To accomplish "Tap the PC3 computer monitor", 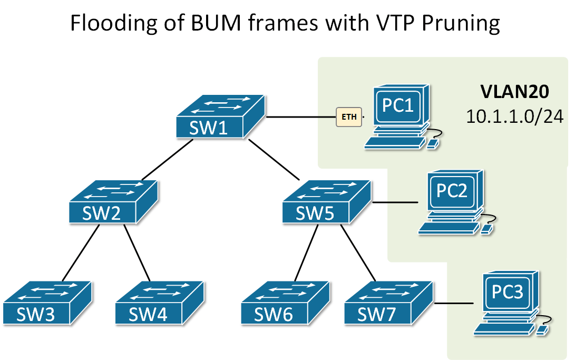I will (508, 293).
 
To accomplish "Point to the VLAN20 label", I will (515, 92).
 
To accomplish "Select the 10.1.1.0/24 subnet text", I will (515, 116).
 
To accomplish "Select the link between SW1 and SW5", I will (274, 161).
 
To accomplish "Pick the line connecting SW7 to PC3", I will (453, 304).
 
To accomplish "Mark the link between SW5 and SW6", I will (306, 253).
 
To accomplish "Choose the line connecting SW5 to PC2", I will (395, 202).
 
